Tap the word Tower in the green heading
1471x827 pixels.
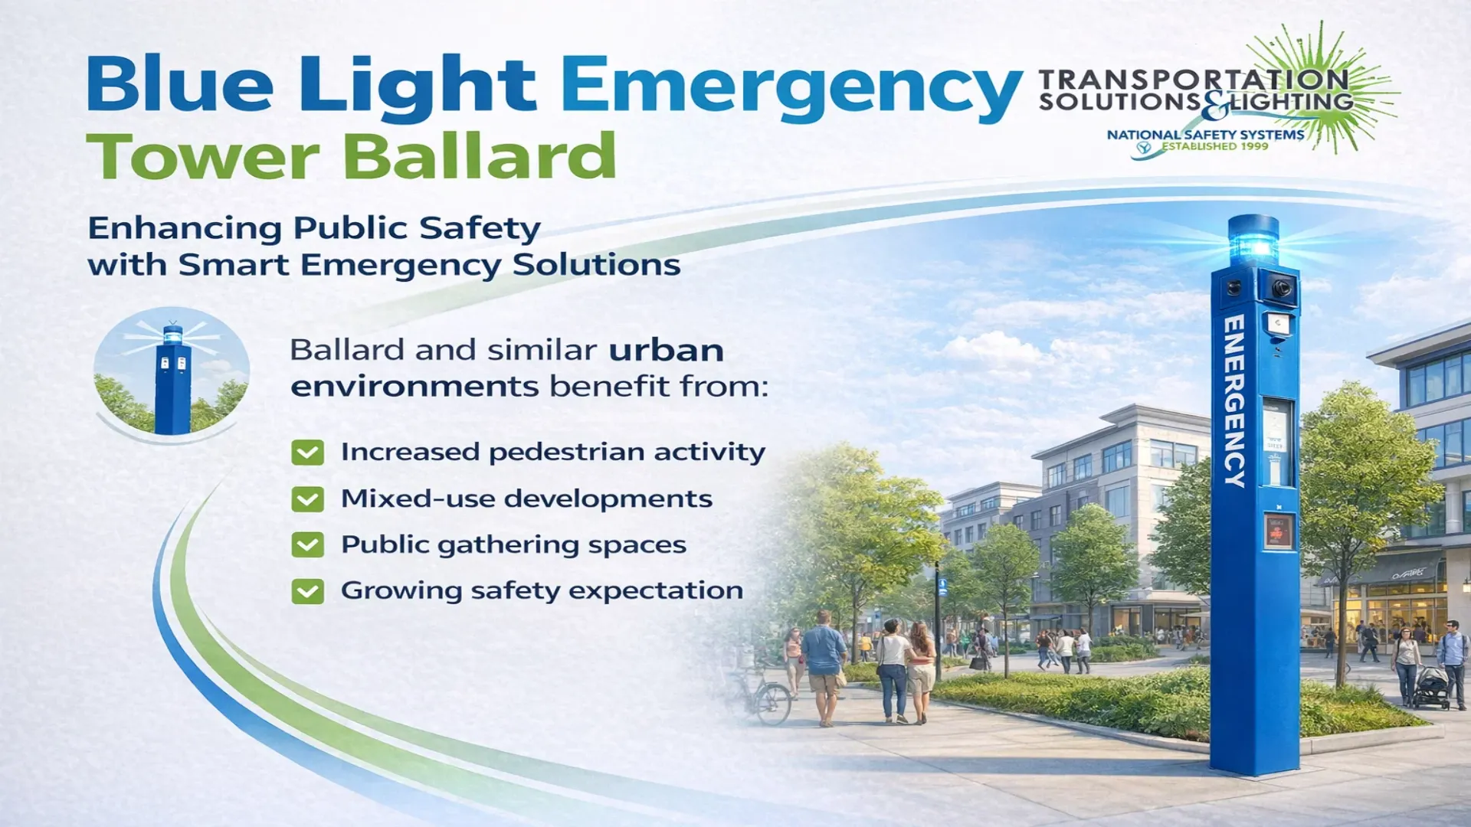(202, 156)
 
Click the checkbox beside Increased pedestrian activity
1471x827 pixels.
(307, 453)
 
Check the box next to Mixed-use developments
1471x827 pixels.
(307, 499)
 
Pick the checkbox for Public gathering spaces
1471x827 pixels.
(307, 545)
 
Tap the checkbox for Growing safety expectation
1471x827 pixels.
(307, 592)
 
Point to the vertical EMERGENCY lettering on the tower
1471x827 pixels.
(1234, 400)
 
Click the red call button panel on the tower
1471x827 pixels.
(1278, 531)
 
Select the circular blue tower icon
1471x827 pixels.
(172, 371)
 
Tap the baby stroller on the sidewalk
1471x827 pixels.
(1430, 686)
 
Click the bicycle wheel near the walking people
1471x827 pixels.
(773, 704)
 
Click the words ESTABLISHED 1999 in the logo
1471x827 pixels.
(1215, 146)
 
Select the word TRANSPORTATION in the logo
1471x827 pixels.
(1194, 79)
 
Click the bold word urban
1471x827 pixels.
(666, 350)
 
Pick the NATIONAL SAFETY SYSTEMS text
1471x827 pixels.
(1205, 135)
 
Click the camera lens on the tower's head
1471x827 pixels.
(1281, 289)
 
